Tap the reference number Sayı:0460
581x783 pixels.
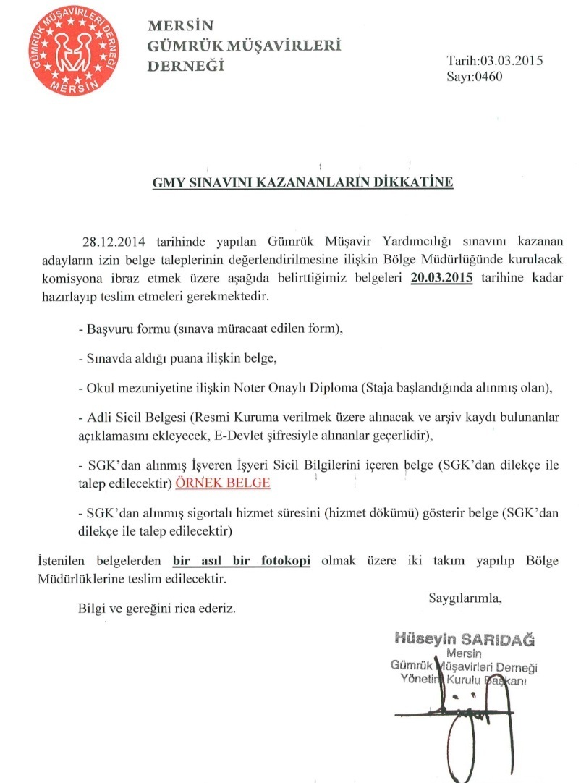tap(474, 75)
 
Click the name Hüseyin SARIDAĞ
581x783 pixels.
tap(463, 639)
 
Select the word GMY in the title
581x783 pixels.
tap(166, 182)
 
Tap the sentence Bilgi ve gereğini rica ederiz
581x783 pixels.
tap(157, 609)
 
